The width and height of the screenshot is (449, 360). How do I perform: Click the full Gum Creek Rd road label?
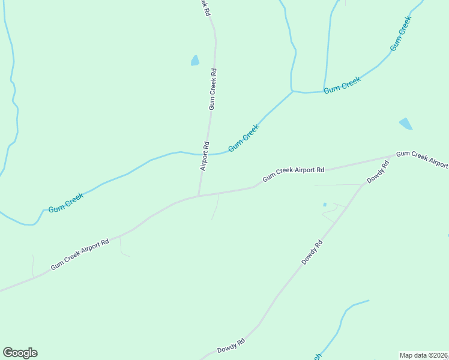213,89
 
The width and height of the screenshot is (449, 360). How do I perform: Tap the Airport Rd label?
204,156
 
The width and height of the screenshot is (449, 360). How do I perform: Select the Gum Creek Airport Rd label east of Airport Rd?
293,175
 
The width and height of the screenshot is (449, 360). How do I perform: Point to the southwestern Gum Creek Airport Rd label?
80,254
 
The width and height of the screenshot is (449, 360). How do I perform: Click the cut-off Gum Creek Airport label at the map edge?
422,160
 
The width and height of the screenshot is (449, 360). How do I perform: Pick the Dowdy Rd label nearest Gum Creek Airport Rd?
378,172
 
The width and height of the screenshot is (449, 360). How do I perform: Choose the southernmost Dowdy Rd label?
231,346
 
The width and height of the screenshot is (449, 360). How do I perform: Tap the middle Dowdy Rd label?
312,253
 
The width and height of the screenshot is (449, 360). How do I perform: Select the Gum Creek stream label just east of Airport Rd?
244,137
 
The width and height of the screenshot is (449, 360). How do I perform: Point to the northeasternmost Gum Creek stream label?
400,33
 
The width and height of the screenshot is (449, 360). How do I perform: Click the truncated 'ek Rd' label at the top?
205,7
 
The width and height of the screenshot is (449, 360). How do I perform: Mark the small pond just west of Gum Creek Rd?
194,60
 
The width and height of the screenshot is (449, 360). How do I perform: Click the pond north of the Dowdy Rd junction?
406,124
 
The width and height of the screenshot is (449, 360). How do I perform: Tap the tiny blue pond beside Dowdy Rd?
325,205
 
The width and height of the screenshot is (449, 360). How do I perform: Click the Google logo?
20,352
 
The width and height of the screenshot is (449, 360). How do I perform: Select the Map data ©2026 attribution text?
424,355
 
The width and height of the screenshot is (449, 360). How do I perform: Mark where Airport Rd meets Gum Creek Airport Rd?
199,196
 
